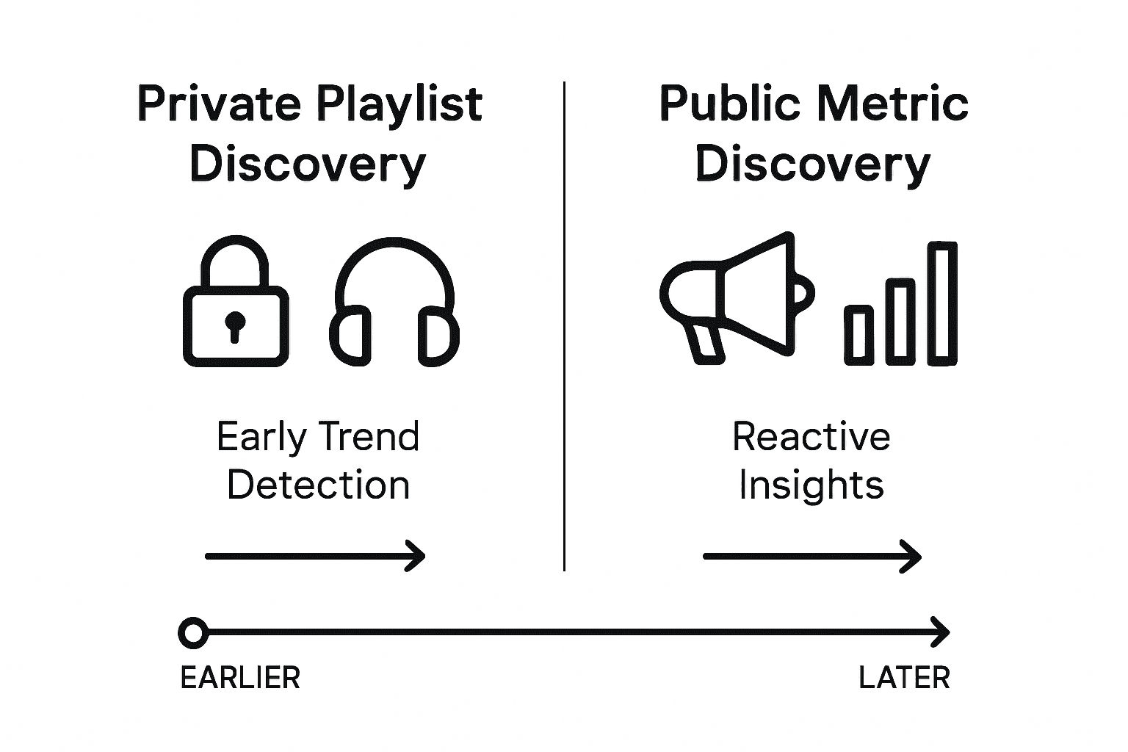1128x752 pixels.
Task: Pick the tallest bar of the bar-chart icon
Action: (941, 303)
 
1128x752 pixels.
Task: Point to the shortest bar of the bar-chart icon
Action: (858, 335)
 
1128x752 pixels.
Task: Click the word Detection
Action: (318, 485)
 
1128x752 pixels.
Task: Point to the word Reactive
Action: (811, 437)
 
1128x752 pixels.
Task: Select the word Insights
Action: (811, 485)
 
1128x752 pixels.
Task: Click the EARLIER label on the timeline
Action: (240, 678)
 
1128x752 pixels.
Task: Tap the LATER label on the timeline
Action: (904, 678)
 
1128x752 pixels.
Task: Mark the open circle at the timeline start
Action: (193, 632)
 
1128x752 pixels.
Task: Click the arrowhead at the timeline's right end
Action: (943, 632)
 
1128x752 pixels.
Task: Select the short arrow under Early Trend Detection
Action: (315, 556)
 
